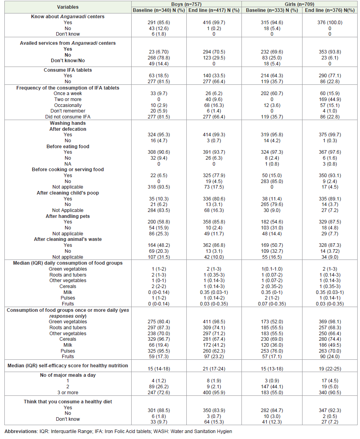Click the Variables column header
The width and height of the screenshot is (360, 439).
[x=68, y=7]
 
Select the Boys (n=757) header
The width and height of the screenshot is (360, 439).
[x=186, y=4]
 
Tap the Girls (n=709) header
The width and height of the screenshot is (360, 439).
[x=299, y=4]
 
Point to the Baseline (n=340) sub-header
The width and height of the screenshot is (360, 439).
[x=159, y=10]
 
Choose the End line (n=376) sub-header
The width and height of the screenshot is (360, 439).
[x=330, y=10]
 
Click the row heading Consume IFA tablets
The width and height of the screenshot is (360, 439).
[x=68, y=70]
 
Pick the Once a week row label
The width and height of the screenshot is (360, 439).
[x=68, y=94]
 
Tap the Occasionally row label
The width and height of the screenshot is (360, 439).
[x=68, y=105]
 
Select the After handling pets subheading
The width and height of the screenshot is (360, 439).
[x=68, y=216]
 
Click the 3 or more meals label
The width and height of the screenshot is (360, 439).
[x=68, y=393]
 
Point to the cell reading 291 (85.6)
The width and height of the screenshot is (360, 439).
[x=159, y=23]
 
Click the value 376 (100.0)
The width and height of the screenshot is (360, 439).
[x=330, y=23]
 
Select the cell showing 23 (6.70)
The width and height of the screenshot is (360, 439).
[x=159, y=52]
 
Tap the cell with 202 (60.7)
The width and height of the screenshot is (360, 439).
[x=272, y=94]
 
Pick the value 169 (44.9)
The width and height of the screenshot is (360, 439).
[x=330, y=99]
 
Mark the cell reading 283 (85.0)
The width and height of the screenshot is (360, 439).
[x=272, y=181]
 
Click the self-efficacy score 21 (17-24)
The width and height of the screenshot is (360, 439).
[x=214, y=369]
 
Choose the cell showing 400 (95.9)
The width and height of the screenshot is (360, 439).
[x=214, y=393]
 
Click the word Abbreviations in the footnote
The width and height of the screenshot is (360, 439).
[x=21, y=431]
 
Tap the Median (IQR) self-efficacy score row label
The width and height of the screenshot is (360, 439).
[x=68, y=366]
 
